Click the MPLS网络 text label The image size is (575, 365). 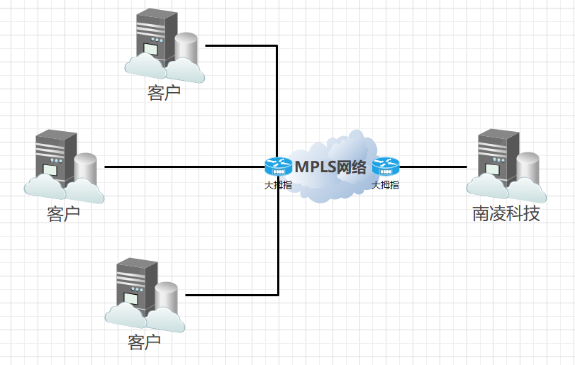[330, 167]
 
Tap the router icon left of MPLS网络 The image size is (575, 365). [279, 167]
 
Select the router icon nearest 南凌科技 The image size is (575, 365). [386, 167]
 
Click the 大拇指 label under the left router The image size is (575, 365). [279, 185]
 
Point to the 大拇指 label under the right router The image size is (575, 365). [386, 185]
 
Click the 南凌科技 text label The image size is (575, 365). [506, 213]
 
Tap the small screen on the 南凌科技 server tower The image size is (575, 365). [493, 170]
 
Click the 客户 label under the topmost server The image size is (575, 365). [164, 93]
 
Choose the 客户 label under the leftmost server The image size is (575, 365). [63, 213]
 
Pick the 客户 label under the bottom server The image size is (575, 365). [144, 342]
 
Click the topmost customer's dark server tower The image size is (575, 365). [157, 38]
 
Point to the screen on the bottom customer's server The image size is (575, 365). [131, 298]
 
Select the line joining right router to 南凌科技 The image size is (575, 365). [433, 167]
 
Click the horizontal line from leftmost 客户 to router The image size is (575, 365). [184, 167]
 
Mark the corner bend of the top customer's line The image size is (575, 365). [277, 46]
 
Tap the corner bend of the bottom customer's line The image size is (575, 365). [279, 295]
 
